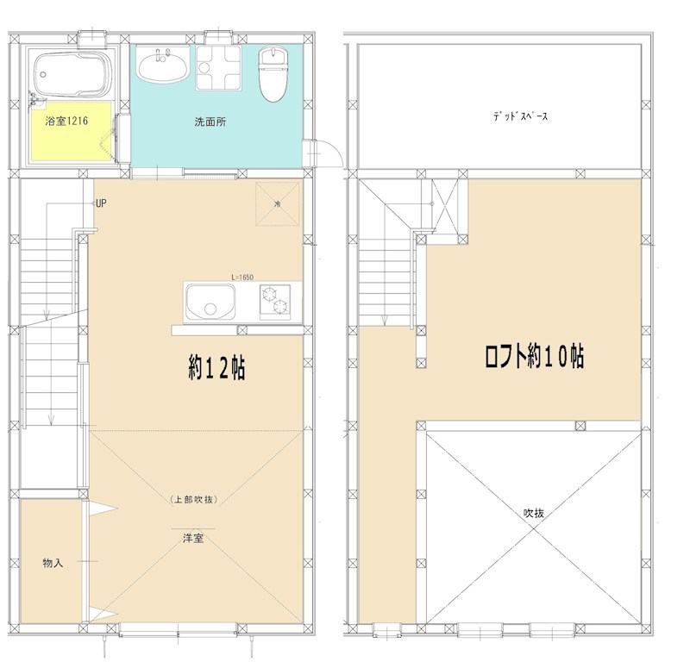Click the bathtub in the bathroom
tap(73, 75)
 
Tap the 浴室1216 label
tap(66, 121)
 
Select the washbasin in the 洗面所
tap(163, 66)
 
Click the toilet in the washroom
tap(273, 73)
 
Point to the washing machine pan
tap(219, 67)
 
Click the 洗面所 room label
tap(210, 122)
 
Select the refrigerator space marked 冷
tap(278, 204)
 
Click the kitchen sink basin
tap(210, 303)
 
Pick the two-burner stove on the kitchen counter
tap(275, 301)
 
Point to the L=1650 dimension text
tap(242, 278)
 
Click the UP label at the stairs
tap(101, 203)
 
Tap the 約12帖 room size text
tap(217, 368)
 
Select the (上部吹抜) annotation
tap(193, 500)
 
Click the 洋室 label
tap(193, 538)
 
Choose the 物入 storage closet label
tap(53, 563)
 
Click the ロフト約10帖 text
tap(535, 356)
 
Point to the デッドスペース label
tap(521, 116)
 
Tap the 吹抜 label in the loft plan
tap(534, 513)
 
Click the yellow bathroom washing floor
tap(71, 131)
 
